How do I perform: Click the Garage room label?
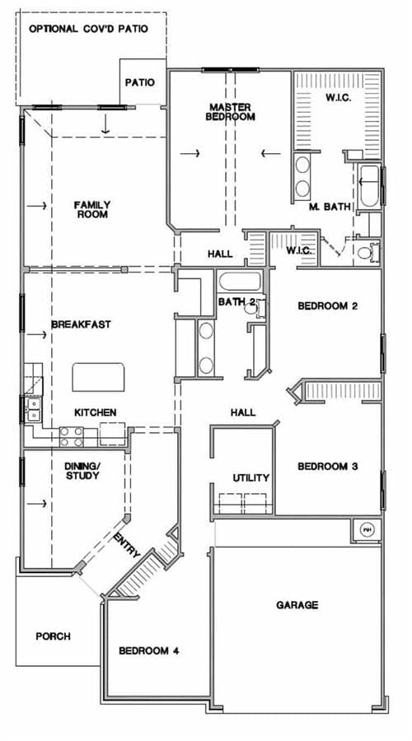pyautogui.click(x=297, y=605)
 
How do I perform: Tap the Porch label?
pyautogui.click(x=53, y=636)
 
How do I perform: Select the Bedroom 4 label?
pyautogui.click(x=148, y=650)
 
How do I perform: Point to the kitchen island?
pyautogui.click(x=98, y=377)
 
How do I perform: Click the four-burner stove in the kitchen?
pyautogui.click(x=72, y=436)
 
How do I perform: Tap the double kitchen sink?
pyautogui.click(x=34, y=409)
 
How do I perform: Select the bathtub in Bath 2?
pyautogui.click(x=240, y=282)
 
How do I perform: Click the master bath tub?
pyautogui.click(x=369, y=186)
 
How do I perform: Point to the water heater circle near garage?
pyautogui.click(x=367, y=529)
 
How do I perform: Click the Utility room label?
pyautogui.click(x=250, y=478)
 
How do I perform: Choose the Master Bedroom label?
pyautogui.click(x=231, y=112)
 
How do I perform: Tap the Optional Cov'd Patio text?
pyautogui.click(x=88, y=29)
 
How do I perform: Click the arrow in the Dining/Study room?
pyautogui.click(x=36, y=504)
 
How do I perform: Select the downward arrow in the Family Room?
pyautogui.click(x=105, y=125)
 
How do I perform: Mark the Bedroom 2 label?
pyautogui.click(x=327, y=305)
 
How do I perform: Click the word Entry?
pyautogui.click(x=127, y=544)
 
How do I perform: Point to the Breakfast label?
pyautogui.click(x=81, y=324)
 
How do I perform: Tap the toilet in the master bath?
pyautogui.click(x=367, y=252)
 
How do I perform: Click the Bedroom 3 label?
pyautogui.click(x=327, y=467)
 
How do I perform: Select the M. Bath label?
pyautogui.click(x=330, y=207)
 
